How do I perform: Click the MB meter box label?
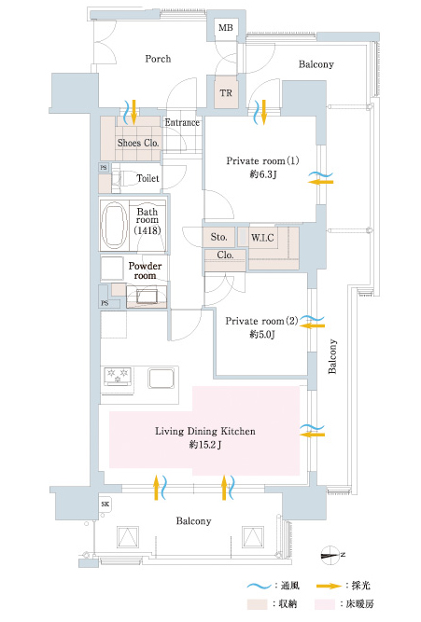point(226,28)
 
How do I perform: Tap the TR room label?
point(226,93)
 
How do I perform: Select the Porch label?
point(158,59)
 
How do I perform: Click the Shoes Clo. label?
point(138,143)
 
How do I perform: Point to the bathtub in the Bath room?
point(114,226)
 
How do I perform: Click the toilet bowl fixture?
point(123,178)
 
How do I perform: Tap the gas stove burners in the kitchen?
point(118,376)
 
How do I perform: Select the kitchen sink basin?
point(161,378)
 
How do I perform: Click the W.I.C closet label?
point(262,238)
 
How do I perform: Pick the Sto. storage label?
point(218,237)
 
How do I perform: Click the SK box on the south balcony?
point(105,505)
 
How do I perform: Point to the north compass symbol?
point(331,555)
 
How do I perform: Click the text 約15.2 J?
point(205,445)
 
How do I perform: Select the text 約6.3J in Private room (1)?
point(262,173)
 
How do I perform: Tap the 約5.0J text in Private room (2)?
point(262,334)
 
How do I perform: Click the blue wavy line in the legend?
point(259,586)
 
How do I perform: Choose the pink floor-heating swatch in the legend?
point(325,604)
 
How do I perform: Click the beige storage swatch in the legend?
point(257,604)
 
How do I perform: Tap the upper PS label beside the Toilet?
point(104,168)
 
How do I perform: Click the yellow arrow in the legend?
point(330,586)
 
